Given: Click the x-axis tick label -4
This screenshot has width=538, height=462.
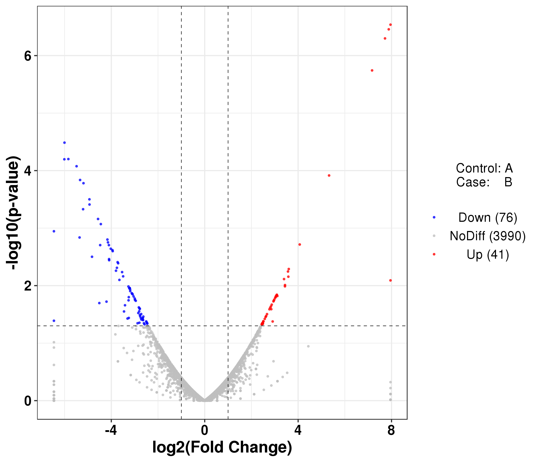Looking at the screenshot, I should tap(111, 431).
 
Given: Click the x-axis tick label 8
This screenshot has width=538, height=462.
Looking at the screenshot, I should tap(391, 431).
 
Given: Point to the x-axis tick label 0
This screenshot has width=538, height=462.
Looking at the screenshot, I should tap(205, 431).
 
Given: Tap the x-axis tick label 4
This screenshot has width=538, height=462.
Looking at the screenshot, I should tap(298, 431).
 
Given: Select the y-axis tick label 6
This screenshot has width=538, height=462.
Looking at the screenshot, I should tap(28, 56).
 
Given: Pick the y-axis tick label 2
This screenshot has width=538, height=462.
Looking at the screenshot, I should tap(28, 286).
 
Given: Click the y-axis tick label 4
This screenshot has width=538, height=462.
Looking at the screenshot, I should tap(28, 171).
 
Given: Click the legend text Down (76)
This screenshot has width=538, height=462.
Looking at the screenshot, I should tap(488, 217).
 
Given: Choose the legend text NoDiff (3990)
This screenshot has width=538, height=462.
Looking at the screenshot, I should tap(488, 236).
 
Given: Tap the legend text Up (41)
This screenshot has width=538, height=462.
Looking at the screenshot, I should tap(488, 254).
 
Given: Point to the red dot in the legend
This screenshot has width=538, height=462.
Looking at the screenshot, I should tap(434, 254).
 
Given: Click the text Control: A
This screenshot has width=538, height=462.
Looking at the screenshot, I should tap(484, 168).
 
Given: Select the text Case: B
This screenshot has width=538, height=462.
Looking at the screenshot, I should tap(484, 182).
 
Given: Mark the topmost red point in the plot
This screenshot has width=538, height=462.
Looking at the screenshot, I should tap(390, 25).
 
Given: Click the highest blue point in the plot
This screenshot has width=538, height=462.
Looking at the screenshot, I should tap(64, 142).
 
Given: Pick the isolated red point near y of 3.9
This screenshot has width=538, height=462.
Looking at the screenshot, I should tap(329, 176).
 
